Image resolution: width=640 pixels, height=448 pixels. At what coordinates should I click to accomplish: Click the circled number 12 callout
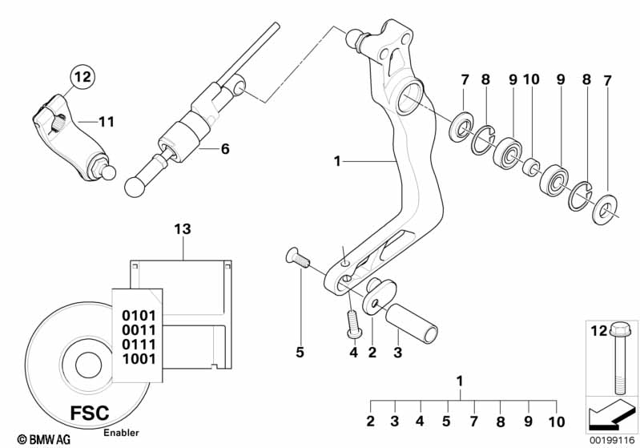(83, 77)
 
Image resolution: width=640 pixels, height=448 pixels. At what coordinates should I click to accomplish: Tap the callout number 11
(107, 122)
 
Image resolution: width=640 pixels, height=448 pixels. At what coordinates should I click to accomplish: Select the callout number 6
(225, 148)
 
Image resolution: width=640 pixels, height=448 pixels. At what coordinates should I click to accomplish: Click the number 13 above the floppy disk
(183, 229)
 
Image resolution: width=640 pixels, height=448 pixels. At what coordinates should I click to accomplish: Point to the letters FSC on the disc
(90, 413)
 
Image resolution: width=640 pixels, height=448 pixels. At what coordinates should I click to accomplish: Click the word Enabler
(121, 433)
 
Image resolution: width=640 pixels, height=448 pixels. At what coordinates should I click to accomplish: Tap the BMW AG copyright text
(44, 439)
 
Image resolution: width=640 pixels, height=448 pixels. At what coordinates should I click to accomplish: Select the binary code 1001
(139, 359)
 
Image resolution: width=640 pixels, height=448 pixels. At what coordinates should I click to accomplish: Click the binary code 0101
(139, 316)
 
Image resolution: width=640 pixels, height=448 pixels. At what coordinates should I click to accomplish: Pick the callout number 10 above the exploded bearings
(531, 79)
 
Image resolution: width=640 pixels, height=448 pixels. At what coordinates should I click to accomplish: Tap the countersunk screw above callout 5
(297, 258)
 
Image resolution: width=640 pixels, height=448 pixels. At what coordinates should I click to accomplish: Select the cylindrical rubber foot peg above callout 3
(412, 324)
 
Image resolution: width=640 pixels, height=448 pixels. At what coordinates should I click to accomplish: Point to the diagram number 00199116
(612, 440)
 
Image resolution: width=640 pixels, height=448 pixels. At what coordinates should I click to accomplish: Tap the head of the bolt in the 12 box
(617, 329)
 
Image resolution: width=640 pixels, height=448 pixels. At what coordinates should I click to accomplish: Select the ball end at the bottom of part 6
(135, 187)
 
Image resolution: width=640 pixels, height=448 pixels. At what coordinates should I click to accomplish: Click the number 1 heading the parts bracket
(460, 381)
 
